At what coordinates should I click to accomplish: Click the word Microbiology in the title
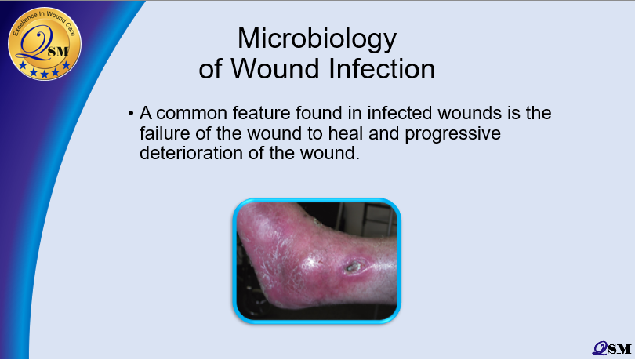pyautogui.click(x=317, y=40)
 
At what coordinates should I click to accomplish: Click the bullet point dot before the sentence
pyautogui.click(x=130, y=114)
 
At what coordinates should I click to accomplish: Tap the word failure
pyautogui.click(x=165, y=133)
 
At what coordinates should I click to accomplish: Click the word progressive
pyautogui.click(x=453, y=134)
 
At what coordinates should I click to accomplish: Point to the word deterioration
pyautogui.click(x=191, y=153)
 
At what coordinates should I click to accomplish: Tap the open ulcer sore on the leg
pyautogui.click(x=353, y=267)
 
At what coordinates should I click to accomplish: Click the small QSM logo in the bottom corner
pyautogui.click(x=612, y=349)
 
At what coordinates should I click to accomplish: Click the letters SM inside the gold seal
pyautogui.click(x=58, y=52)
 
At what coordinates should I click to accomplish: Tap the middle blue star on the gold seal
pyautogui.click(x=45, y=74)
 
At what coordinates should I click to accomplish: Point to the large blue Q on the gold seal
pyautogui.click(x=35, y=44)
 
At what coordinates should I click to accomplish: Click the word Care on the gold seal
pyautogui.click(x=70, y=28)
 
